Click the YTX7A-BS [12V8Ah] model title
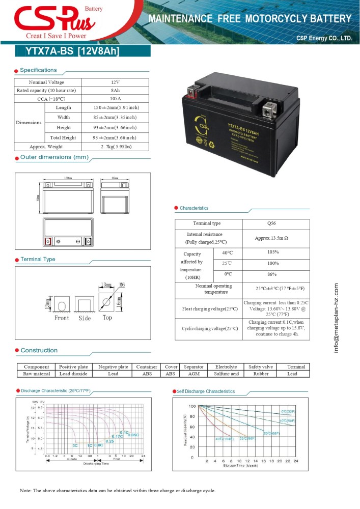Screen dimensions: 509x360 click(x=72, y=51)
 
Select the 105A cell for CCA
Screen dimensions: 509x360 click(x=115, y=98)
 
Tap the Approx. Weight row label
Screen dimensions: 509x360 click(x=46, y=147)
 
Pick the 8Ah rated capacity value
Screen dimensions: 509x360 click(x=115, y=90)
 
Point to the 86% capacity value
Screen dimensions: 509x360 click(x=272, y=274)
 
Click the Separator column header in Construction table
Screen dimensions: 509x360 click(x=193, y=366)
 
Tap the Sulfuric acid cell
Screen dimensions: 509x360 click(x=227, y=374)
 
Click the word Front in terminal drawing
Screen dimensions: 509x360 click(x=62, y=318)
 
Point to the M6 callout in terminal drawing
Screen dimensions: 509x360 click(x=122, y=284)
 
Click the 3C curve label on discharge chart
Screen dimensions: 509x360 click(x=75, y=445)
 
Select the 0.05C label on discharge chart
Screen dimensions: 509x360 click(x=133, y=435)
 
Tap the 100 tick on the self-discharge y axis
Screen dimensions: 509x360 click(x=192, y=406)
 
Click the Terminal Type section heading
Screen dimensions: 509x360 click(x=38, y=260)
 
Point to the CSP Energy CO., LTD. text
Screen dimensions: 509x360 click(x=324, y=38)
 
